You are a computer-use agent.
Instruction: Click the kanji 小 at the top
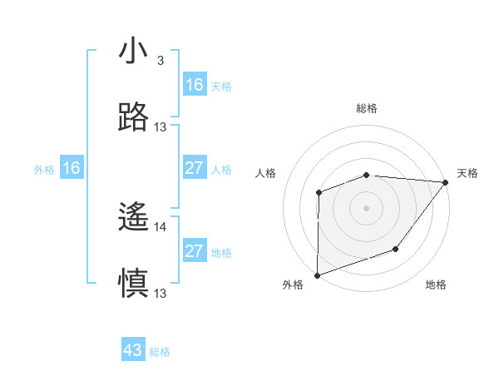(134, 52)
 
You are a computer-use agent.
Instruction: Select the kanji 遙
(134, 219)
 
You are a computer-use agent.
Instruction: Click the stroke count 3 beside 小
(160, 61)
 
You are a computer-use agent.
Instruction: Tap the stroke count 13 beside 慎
(161, 293)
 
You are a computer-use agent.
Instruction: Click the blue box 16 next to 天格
(195, 85)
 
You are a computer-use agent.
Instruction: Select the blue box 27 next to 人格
(195, 168)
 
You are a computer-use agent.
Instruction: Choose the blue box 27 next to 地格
(195, 251)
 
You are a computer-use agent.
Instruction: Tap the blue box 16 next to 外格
(72, 168)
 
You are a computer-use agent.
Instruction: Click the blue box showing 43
(133, 350)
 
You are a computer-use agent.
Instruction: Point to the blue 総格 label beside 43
(161, 352)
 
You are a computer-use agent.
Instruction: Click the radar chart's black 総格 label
(367, 108)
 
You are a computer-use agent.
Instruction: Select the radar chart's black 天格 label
(467, 173)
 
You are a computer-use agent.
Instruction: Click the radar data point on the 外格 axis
(318, 275)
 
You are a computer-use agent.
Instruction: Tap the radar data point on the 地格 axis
(396, 249)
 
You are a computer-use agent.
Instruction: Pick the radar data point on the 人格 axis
(319, 193)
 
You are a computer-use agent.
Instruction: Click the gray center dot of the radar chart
(367, 208)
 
